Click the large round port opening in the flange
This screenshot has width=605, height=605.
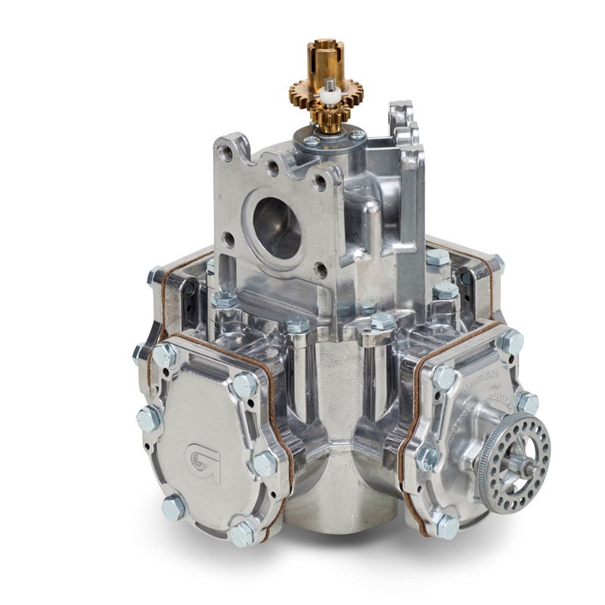pyautogui.click(x=277, y=227)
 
